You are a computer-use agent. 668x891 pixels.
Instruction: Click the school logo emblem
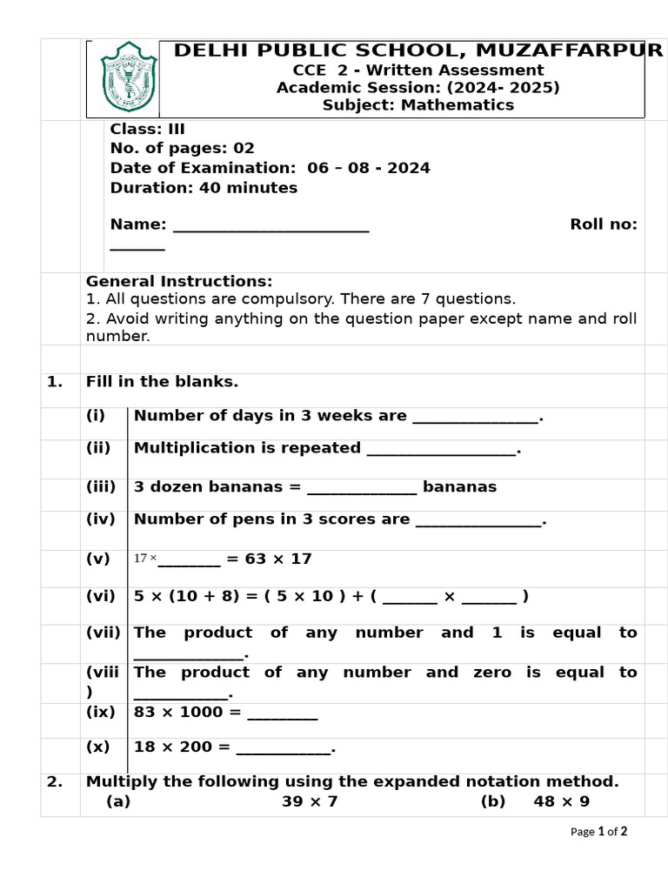point(129,77)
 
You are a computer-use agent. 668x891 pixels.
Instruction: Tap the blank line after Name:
point(271,225)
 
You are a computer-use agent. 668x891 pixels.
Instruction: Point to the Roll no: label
point(603,224)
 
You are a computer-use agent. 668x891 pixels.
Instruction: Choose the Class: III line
point(147,129)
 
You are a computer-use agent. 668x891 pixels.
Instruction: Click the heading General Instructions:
point(178,281)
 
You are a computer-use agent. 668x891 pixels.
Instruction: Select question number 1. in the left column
point(55,381)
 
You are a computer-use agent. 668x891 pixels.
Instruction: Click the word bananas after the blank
point(459,486)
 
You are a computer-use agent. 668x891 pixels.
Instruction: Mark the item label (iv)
point(100,519)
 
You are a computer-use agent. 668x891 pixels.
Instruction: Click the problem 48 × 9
point(561,801)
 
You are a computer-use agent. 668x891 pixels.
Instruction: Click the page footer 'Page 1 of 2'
point(598,832)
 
